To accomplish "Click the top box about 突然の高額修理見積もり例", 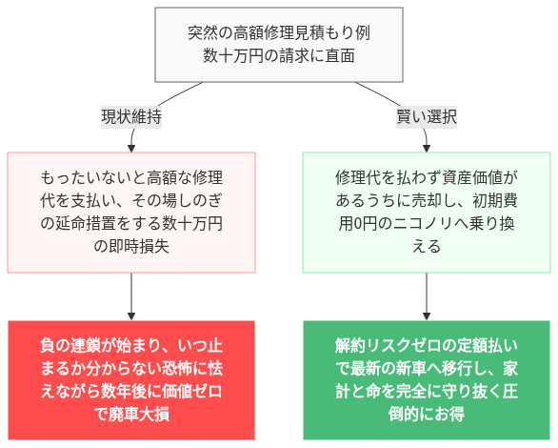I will pyautogui.click(x=278, y=45).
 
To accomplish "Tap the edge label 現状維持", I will pyautogui.click(x=130, y=117).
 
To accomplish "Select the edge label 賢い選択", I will pyautogui.click(x=426, y=117).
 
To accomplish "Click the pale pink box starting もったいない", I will pyautogui.click(x=130, y=212).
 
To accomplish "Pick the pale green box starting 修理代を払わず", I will pyautogui.click(x=426, y=212).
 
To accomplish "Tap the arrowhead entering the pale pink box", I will pyautogui.click(x=130, y=147).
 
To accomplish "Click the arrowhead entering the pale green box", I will pyautogui.click(x=426, y=147).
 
